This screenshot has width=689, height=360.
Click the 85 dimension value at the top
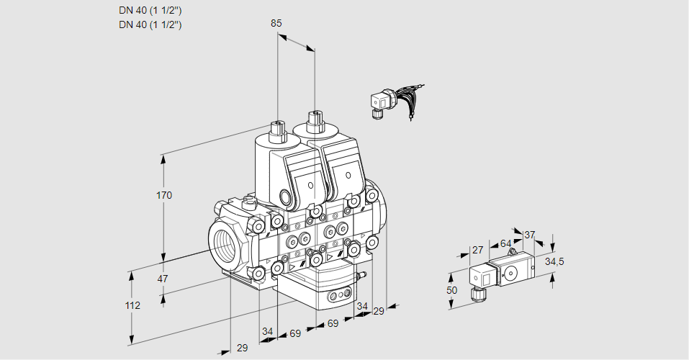[x=276, y=23]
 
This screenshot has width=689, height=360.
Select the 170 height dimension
[x=165, y=195]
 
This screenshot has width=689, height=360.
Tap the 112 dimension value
[x=132, y=305]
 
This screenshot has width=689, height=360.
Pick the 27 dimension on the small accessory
[x=477, y=250]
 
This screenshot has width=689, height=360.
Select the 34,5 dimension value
[x=554, y=261]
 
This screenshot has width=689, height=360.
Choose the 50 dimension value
[x=451, y=290]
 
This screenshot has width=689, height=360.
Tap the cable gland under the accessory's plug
[x=476, y=292]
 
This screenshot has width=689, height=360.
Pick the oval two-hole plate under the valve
[x=338, y=295]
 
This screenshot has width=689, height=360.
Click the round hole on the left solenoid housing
[x=287, y=197]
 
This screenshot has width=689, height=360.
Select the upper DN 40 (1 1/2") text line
[x=150, y=10]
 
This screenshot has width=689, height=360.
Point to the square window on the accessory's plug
[x=485, y=277]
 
